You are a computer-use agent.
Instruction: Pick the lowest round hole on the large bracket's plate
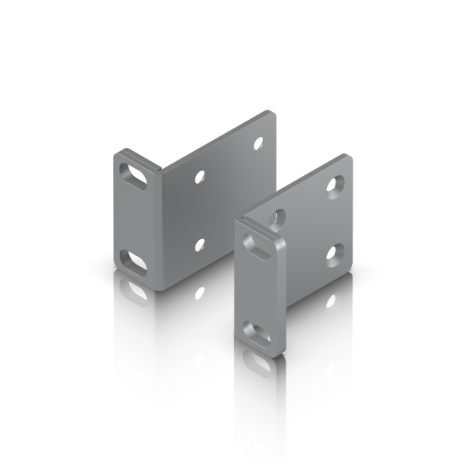[201, 244]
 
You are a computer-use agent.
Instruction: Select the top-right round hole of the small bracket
[335, 185]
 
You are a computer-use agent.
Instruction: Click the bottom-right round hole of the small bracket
[336, 251]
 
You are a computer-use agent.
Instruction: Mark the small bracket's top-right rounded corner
[348, 160]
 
